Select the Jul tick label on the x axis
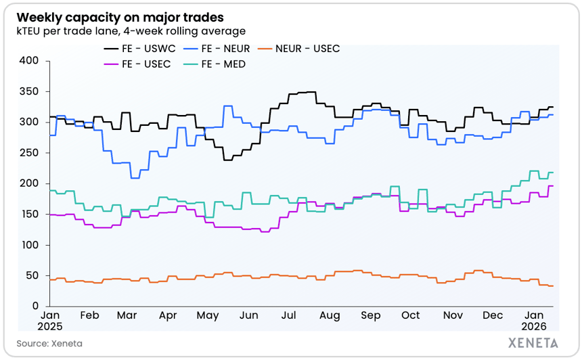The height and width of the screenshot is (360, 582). pyautogui.click(x=288, y=315)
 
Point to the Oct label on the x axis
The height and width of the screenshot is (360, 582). pyautogui.click(x=410, y=315)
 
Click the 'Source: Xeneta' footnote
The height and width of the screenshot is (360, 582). pyautogui.click(x=49, y=343)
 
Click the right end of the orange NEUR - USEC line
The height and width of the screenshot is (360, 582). pyautogui.click(x=553, y=286)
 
